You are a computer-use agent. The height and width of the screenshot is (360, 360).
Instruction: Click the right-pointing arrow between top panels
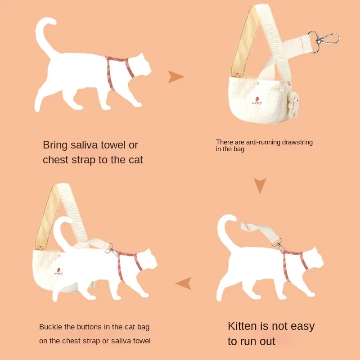click(175, 77)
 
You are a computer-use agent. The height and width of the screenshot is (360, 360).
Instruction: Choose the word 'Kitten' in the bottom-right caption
click(245, 326)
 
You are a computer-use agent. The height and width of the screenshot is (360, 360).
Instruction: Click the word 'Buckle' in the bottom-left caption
click(50, 327)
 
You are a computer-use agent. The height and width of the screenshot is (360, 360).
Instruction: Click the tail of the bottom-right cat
click(227, 229)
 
